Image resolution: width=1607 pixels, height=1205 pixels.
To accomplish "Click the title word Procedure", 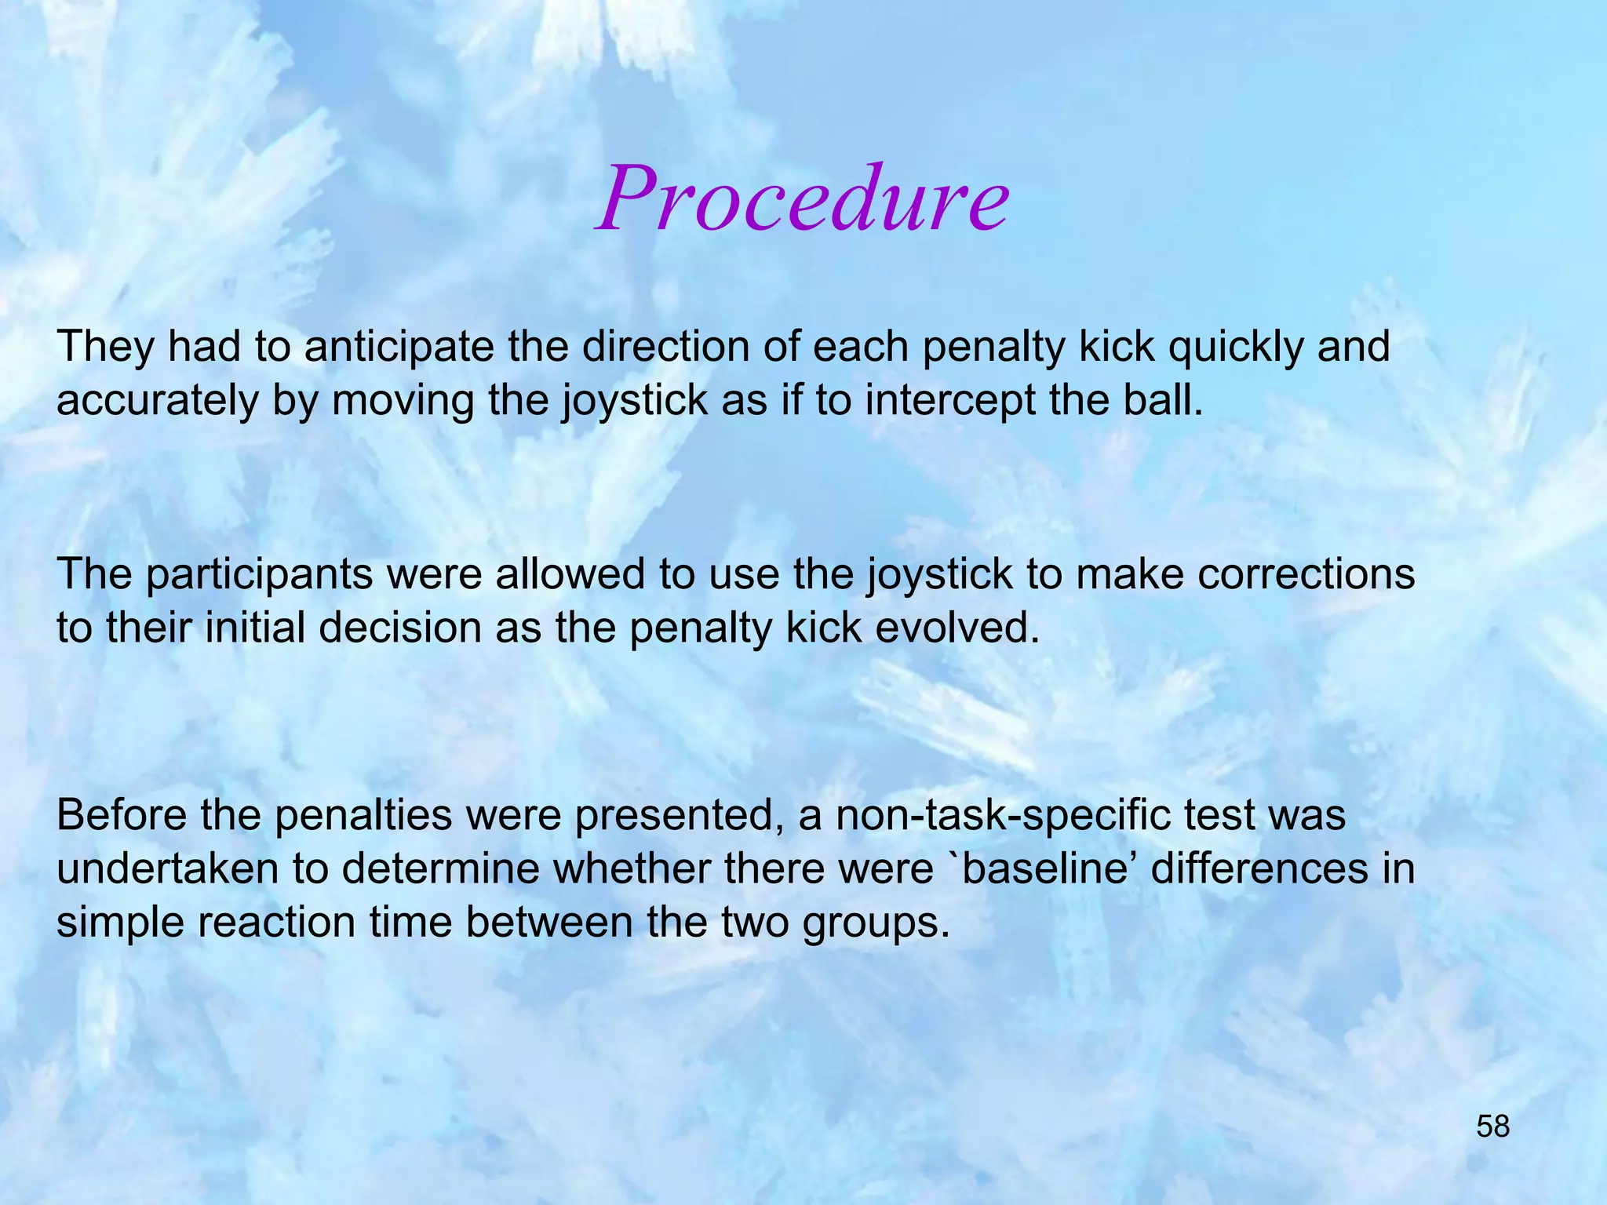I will (802, 199).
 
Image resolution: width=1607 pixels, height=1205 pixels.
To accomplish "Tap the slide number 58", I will (1492, 1127).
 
